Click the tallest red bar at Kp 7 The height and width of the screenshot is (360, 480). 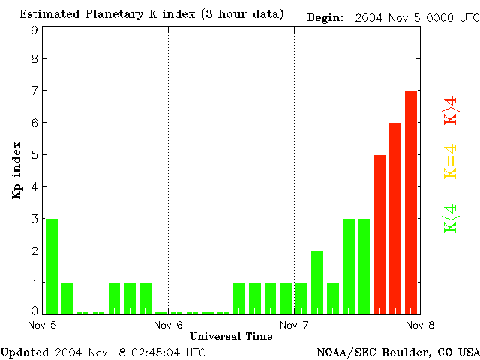[x=411, y=202]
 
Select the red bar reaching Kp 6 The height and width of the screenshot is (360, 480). [x=395, y=217]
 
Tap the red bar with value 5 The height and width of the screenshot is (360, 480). [x=379, y=234]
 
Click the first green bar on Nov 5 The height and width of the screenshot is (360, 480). [x=52, y=266]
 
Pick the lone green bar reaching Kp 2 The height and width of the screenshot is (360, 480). [x=317, y=282]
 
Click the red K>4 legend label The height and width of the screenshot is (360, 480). [x=451, y=112]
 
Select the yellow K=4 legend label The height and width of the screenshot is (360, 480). [x=451, y=162]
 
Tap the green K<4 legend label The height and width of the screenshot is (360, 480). [x=451, y=218]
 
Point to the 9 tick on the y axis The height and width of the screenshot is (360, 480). [x=34, y=30]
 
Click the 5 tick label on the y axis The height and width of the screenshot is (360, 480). [x=34, y=155]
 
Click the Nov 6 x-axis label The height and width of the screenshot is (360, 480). [x=168, y=325]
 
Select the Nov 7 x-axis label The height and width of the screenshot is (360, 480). [x=294, y=325]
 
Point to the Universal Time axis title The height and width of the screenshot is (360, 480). [x=231, y=336]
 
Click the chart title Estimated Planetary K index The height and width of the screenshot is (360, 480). [x=152, y=15]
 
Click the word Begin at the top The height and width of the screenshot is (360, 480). [x=326, y=17]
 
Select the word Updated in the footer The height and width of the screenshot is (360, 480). [x=24, y=351]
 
